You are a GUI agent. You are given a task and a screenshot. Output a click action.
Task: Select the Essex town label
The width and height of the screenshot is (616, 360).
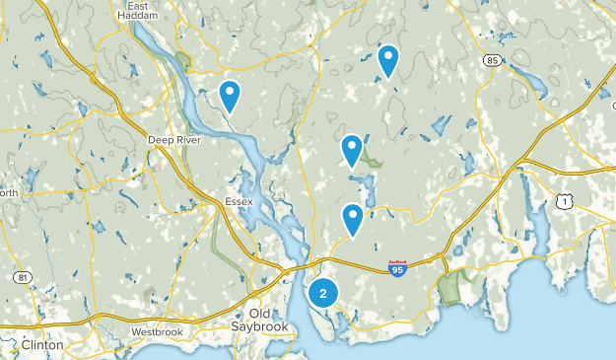coord(239,202)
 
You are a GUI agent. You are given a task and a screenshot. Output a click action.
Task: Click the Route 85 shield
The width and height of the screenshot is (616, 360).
coord(492,60)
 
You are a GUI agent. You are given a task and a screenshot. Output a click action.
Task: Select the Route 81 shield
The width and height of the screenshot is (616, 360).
coord(21,277)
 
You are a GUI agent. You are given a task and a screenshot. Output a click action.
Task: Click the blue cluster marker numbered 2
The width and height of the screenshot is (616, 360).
coord(322,293)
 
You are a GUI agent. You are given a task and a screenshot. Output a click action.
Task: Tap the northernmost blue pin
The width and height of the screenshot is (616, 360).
coord(388,61)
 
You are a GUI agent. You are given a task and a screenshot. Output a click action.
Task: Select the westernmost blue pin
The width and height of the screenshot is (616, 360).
coord(230,96)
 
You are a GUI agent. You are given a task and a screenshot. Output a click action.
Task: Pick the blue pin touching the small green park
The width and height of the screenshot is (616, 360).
coord(352,150)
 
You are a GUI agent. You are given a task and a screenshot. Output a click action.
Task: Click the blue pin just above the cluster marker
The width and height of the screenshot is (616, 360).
coord(353,219)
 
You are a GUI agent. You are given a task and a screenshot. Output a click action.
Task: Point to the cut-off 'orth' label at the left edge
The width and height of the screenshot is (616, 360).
coord(8,193)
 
